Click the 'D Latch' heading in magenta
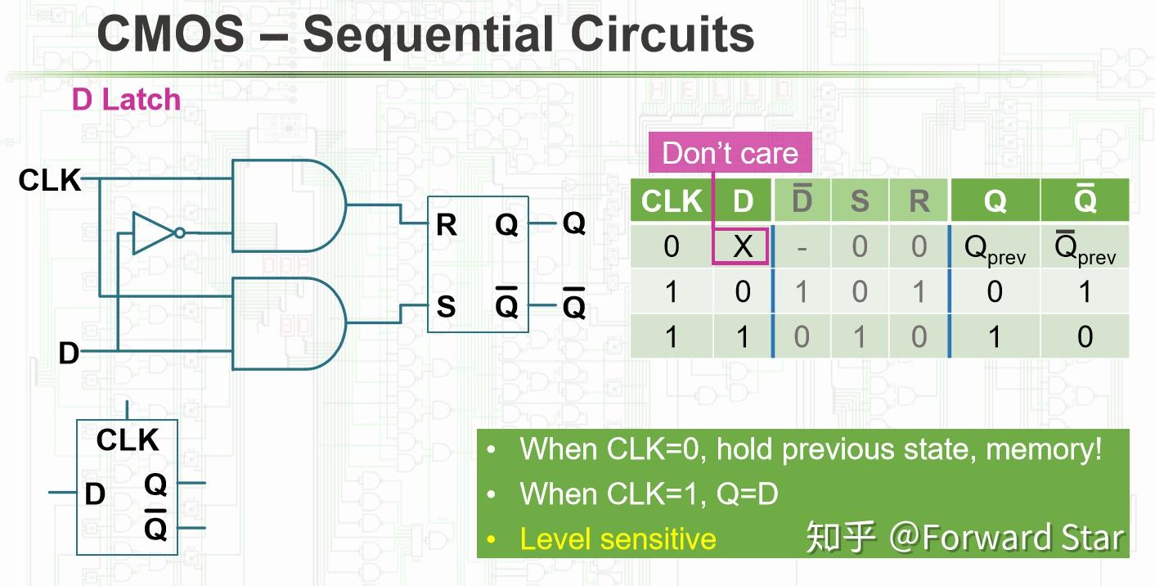click(126, 100)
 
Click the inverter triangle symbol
click(155, 232)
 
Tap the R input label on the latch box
click(446, 224)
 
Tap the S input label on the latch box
click(446, 307)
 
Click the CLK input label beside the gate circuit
click(50, 180)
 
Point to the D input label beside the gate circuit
click(69, 354)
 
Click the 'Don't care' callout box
click(730, 153)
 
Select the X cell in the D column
click(742, 246)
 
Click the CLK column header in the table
click(672, 201)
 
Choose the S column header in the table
click(859, 201)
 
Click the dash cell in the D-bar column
click(801, 247)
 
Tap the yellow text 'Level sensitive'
click(618, 539)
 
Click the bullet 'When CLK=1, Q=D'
click(649, 494)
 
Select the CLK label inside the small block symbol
click(127, 440)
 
